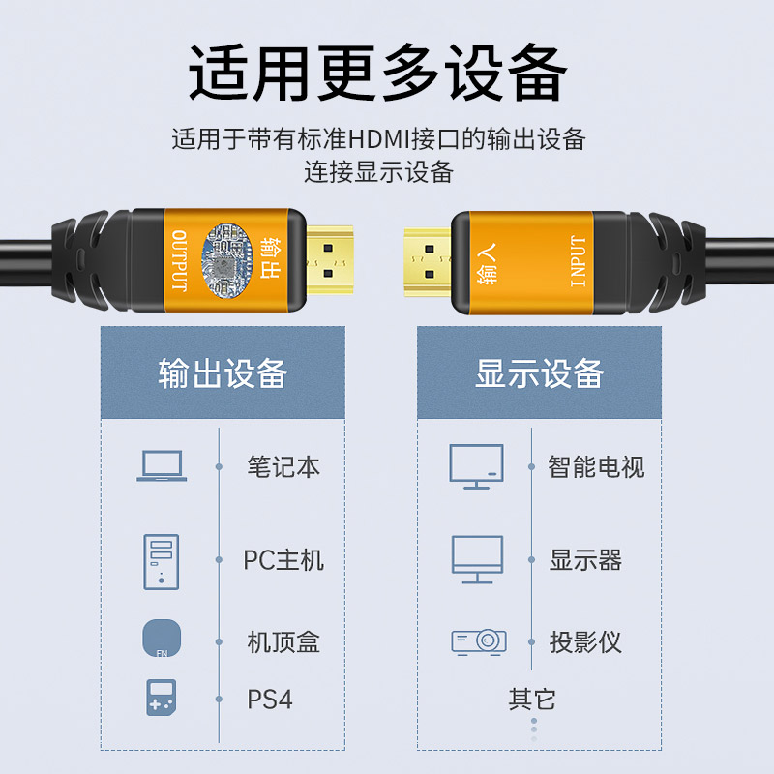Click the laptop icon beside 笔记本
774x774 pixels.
coord(162,465)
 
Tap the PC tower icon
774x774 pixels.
coord(162,562)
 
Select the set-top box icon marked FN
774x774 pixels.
coord(162,638)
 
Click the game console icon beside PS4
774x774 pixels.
coord(162,698)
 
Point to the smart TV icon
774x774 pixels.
coord(476,466)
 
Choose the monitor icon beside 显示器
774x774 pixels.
coord(477,559)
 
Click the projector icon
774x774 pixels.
coord(479,641)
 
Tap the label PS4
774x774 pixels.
coord(270,700)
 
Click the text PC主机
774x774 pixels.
coord(283,560)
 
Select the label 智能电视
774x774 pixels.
coord(596,467)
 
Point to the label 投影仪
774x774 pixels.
coord(585,642)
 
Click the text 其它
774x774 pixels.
coord(532,700)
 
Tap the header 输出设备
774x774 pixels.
coord(223,373)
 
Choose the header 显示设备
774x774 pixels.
coord(540,373)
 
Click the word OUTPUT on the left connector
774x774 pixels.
coord(179,260)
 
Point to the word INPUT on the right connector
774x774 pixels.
coord(578,261)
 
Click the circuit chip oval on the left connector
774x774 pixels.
coord(226,260)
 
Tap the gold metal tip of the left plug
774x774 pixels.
coord(330,260)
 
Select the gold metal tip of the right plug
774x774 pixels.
coord(428,262)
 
